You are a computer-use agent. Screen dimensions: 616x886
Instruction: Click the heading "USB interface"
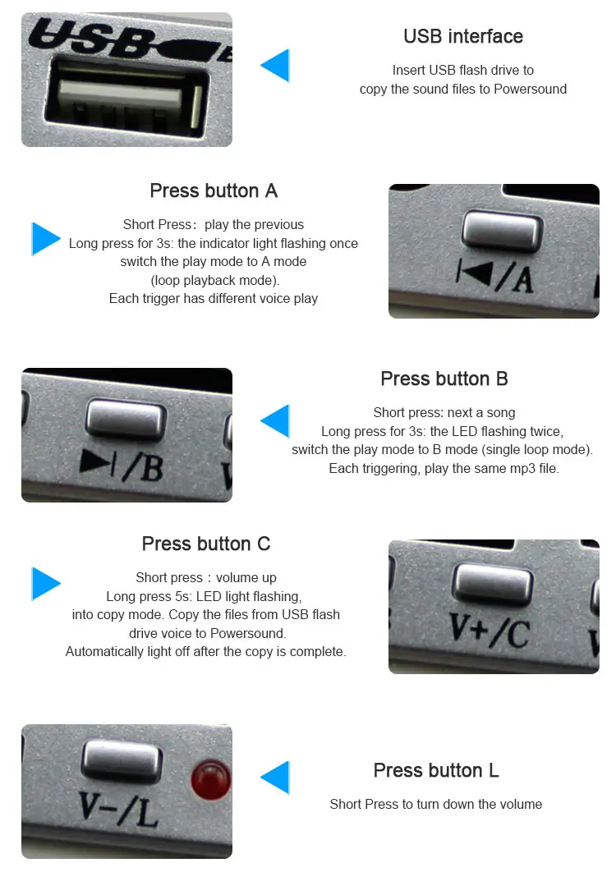(463, 36)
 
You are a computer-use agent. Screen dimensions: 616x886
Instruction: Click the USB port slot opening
(127, 99)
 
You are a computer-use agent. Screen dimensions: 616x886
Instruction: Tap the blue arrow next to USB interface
(275, 66)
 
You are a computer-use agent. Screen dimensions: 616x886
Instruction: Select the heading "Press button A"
(214, 191)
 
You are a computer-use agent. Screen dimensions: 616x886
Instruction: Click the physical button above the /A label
(502, 231)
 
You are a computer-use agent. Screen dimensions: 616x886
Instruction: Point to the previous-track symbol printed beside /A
(474, 273)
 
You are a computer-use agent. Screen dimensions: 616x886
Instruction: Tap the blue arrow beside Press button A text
(46, 239)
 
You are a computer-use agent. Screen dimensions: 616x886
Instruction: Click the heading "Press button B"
(444, 379)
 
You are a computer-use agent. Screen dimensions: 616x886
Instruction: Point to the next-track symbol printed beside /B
(99, 461)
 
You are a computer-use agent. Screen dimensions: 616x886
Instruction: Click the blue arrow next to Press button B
(275, 421)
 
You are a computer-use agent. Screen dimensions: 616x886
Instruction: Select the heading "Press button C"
(205, 544)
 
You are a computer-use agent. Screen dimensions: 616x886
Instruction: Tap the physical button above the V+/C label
(493, 584)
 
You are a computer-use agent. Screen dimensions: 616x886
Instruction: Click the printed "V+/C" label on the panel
(490, 630)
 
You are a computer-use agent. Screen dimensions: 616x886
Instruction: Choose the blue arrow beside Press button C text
(46, 583)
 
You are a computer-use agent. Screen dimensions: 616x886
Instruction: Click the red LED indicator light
(211, 780)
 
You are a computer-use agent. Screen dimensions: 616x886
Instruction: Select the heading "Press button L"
(436, 770)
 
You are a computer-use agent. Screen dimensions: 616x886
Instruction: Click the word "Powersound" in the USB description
(530, 90)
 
